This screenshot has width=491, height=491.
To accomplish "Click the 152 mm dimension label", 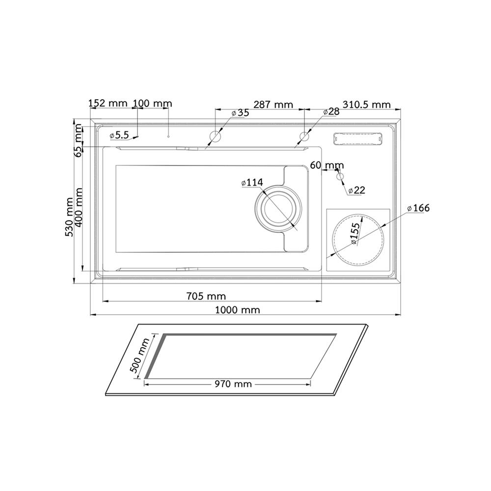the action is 108,103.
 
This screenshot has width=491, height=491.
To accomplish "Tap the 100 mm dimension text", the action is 153,103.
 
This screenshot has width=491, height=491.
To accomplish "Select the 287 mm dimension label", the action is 273,104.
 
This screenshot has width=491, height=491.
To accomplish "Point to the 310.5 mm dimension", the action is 367,104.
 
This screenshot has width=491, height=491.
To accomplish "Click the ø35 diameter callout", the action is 240,113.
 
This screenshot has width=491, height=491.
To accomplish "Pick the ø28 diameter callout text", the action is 331,112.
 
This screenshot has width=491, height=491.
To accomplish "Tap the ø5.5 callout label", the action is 119,135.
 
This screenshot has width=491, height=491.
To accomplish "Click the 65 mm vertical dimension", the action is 78,140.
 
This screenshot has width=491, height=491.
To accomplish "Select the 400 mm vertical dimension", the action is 78,207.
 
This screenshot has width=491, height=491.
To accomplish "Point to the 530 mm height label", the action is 69,217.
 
